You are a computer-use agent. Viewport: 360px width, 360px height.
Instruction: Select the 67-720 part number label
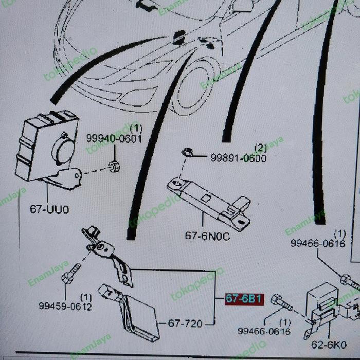tap(185, 323)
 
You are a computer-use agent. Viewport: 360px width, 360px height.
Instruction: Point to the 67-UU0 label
tap(49, 210)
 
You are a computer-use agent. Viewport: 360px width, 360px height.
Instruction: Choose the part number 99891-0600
tap(238, 158)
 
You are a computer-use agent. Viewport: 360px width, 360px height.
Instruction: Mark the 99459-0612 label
tap(65, 307)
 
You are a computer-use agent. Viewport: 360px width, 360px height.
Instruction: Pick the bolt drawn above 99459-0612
tap(70, 274)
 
